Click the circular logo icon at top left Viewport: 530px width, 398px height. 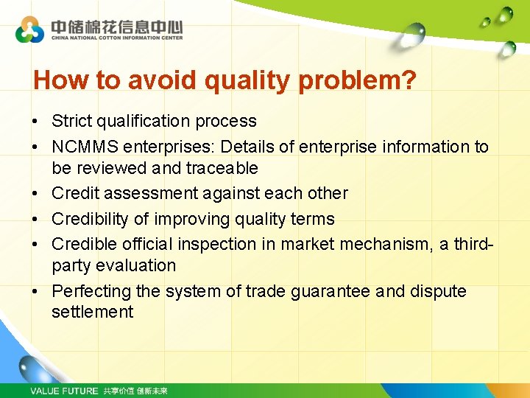coord(29,29)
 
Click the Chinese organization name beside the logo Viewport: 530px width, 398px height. coord(116,26)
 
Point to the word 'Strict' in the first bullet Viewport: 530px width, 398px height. coord(72,121)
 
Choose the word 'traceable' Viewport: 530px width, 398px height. coord(222,168)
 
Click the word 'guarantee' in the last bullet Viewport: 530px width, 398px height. coord(332,291)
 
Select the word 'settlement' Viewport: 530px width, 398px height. coord(93,312)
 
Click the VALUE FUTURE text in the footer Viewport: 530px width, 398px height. coord(64,391)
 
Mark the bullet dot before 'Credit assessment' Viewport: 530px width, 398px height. coord(35,194)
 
